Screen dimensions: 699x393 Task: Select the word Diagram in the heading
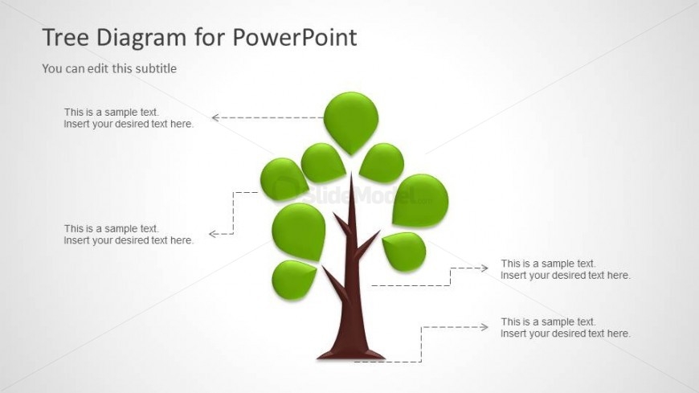(x=141, y=39)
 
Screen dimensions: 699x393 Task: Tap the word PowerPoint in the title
(x=295, y=37)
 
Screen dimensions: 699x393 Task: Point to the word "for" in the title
(x=210, y=37)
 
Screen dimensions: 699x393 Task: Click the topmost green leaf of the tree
(x=351, y=122)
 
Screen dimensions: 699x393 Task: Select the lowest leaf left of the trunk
(x=293, y=280)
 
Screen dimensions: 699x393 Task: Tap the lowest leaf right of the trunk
(x=405, y=252)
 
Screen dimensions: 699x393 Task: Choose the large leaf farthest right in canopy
(x=420, y=200)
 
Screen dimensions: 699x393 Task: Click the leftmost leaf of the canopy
(x=283, y=179)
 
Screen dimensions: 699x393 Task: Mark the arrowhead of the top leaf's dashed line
(x=215, y=118)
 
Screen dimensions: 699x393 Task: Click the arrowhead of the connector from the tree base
(x=484, y=327)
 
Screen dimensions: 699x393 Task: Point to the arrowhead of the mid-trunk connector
(x=484, y=268)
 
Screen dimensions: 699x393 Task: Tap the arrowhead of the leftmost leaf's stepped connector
(x=213, y=234)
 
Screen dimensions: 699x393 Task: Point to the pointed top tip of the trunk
(x=351, y=174)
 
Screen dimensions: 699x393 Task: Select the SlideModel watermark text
(x=361, y=194)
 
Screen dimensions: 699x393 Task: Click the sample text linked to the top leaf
(x=129, y=118)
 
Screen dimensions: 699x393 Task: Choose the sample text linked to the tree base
(x=566, y=328)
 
